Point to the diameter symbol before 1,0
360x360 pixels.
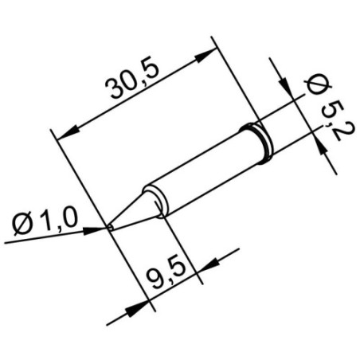click(x=25, y=225)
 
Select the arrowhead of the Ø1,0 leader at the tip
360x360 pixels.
click(x=104, y=229)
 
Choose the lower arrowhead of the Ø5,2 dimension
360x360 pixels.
click(x=318, y=142)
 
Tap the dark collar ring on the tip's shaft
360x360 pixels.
click(x=253, y=140)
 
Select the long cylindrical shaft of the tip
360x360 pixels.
click(x=199, y=171)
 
